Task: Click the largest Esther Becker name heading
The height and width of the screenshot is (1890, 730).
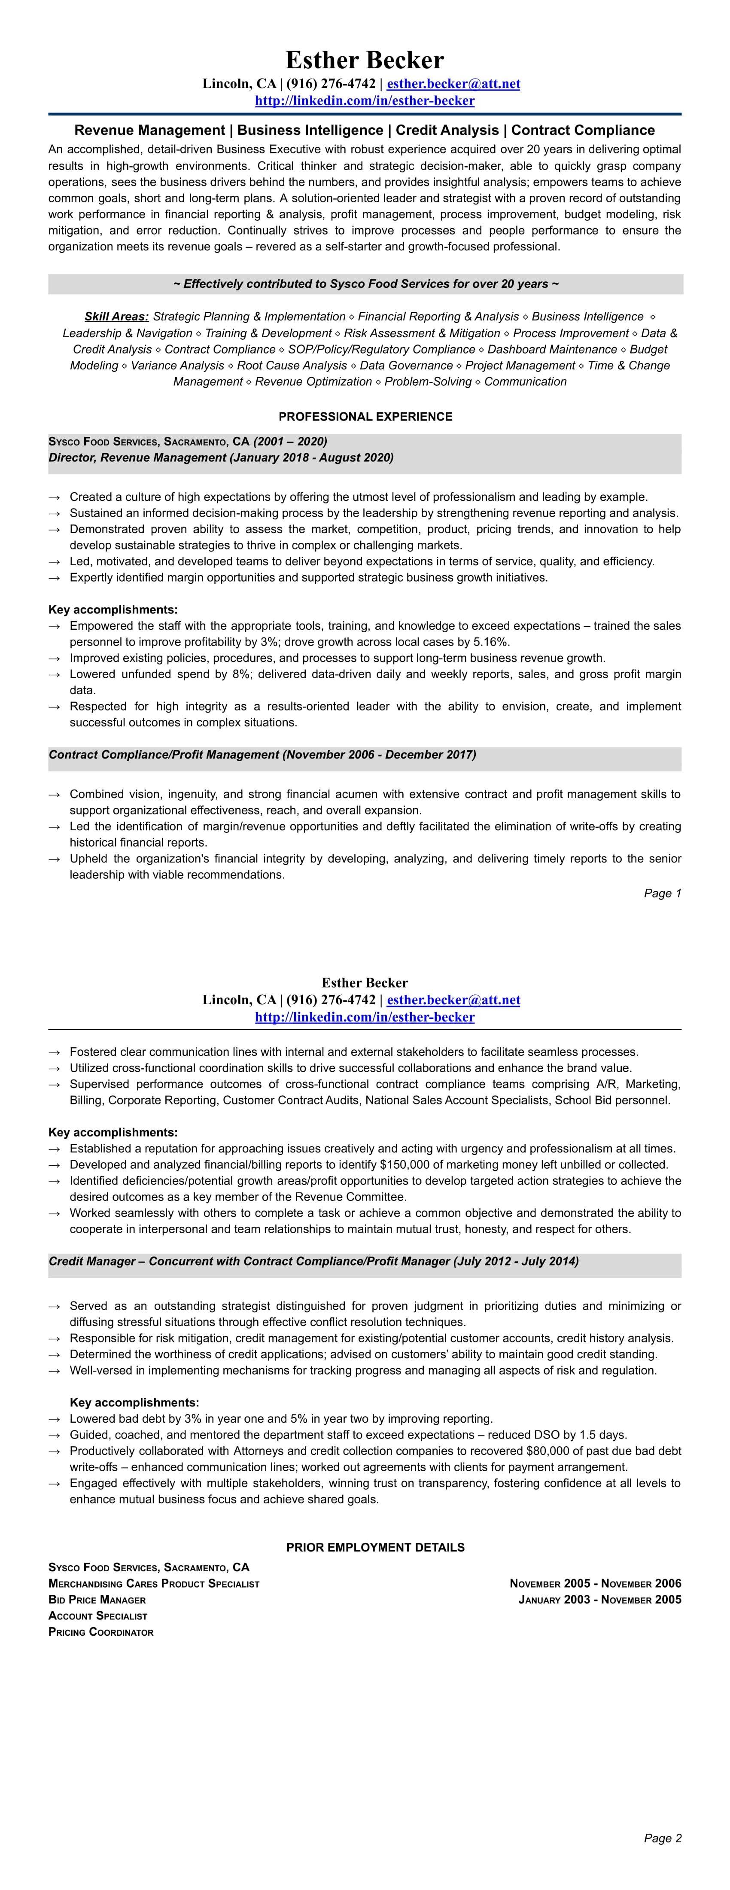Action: click(x=365, y=60)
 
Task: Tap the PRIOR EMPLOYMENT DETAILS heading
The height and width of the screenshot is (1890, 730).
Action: click(x=375, y=1547)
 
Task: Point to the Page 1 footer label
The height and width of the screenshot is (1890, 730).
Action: click(x=663, y=893)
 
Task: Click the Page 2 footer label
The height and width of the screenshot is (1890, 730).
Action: click(x=663, y=1838)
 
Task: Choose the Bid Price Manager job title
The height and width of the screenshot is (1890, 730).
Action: click(x=97, y=1600)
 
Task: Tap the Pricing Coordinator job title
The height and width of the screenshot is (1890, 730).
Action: click(x=101, y=1632)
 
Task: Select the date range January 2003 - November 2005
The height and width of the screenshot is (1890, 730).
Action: click(x=599, y=1600)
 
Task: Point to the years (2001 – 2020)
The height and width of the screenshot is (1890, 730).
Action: click(x=290, y=442)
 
